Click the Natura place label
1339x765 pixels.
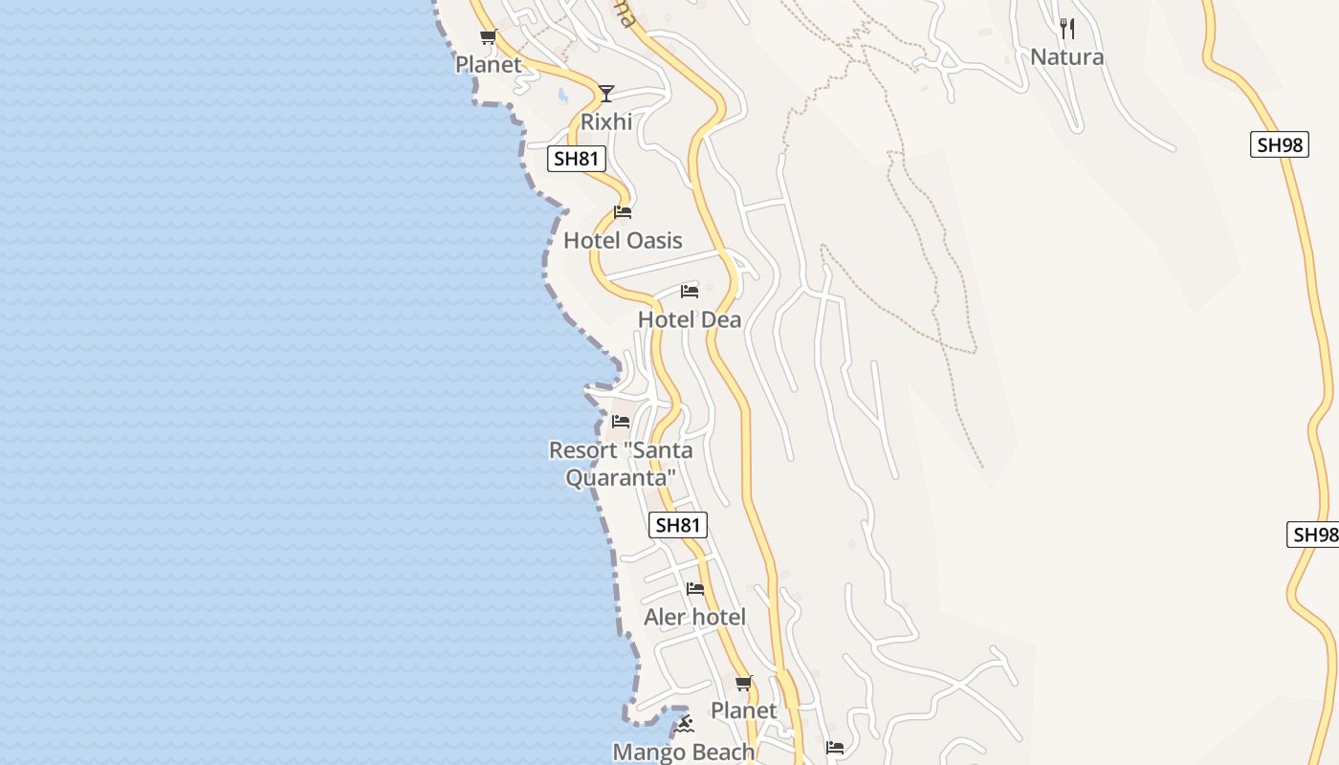(1066, 57)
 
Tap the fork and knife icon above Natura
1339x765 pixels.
(1067, 29)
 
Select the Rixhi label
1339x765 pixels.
(606, 121)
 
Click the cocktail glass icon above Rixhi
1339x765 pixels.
(605, 93)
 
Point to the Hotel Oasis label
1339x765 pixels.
(623, 240)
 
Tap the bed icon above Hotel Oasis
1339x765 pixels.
(623, 211)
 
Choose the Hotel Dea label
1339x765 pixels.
(690, 319)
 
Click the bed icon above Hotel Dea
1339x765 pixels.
(690, 291)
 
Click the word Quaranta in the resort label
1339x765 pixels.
(621, 476)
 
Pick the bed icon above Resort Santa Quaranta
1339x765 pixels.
(621, 421)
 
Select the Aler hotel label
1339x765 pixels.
(694, 617)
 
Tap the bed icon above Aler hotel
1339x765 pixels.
(695, 588)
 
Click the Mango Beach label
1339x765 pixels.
(683, 753)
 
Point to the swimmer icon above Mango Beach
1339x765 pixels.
(684, 724)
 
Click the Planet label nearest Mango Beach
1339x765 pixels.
(743, 710)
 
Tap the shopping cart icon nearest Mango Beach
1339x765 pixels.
(743, 683)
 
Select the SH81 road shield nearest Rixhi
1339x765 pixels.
(577, 159)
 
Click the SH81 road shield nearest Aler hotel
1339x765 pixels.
(678, 525)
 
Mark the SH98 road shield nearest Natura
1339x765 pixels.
(1279, 145)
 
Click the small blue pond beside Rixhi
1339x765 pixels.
(562, 95)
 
